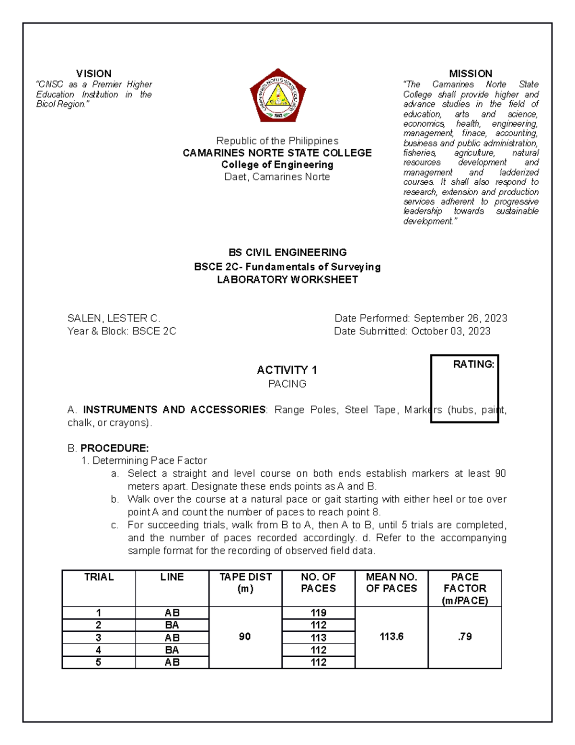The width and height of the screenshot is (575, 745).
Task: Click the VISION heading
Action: point(93,73)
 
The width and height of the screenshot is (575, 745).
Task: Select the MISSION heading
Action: point(470,73)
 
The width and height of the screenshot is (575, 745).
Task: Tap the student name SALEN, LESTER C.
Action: point(114,319)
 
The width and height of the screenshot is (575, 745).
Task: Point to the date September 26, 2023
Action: point(460,319)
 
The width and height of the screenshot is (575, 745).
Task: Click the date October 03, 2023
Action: point(450,331)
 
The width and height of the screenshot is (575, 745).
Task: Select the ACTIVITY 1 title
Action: point(287,370)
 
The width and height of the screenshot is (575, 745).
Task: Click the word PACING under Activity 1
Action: point(287,384)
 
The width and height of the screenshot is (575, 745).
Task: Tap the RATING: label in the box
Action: point(473,365)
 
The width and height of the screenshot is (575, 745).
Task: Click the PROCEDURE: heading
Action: point(114,448)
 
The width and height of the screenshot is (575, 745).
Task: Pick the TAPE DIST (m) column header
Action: point(245,582)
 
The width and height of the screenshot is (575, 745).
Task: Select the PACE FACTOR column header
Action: point(464,588)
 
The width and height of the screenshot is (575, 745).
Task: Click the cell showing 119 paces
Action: point(318,613)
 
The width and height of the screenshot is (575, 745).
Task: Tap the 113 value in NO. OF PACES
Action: point(318,638)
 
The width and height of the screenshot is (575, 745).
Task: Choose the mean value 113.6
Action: point(391,637)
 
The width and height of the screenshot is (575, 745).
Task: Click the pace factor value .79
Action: point(464,637)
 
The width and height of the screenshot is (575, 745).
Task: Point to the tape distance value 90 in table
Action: point(245,637)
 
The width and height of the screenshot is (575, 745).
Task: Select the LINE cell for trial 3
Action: point(172,638)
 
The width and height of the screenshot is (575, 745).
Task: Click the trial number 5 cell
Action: point(98,662)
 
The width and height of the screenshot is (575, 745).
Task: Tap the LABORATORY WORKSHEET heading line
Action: point(287,280)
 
